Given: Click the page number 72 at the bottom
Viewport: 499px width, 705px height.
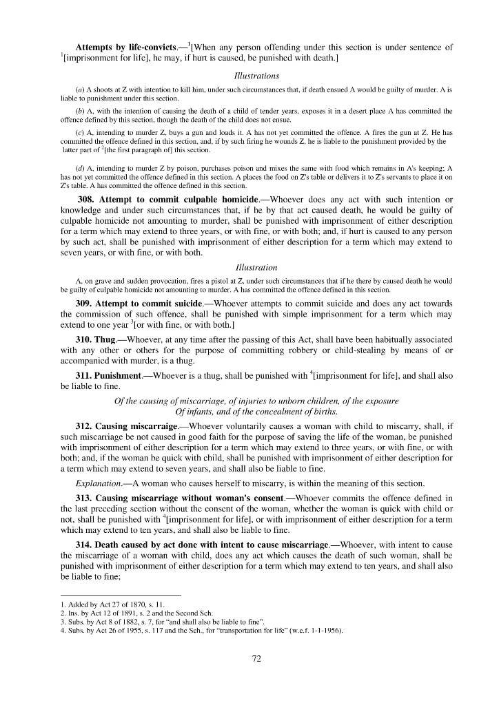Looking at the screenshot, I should pos(256,658).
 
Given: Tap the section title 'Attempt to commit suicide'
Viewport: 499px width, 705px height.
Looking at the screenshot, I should pos(149,304).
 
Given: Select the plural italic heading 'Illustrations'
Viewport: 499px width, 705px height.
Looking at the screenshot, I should pos(256,76).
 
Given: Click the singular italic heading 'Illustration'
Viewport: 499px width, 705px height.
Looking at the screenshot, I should pos(256,267).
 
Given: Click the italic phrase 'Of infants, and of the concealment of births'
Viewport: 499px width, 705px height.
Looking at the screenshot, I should pos(256,412).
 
